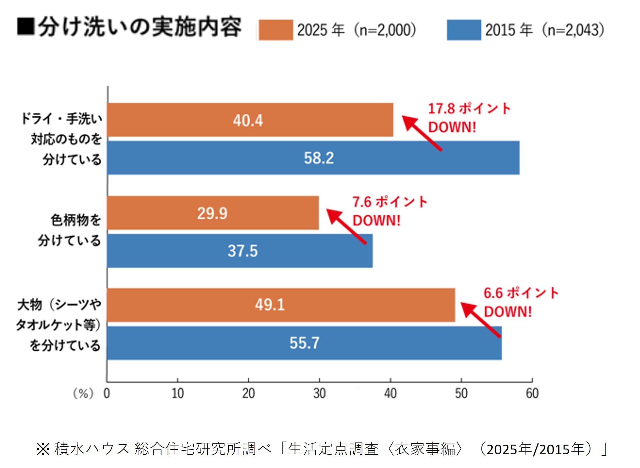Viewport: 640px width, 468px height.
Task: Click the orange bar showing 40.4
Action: [250, 120]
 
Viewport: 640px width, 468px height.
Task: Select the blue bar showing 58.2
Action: [313, 158]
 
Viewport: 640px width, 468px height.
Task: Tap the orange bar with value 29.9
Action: [213, 213]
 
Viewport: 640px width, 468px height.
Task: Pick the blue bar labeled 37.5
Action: [240, 251]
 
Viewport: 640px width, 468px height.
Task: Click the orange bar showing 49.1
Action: [281, 305]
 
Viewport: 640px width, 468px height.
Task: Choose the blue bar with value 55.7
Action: [304, 343]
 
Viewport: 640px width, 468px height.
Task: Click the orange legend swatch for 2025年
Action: [276, 30]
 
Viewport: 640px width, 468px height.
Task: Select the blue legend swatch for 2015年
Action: [464, 30]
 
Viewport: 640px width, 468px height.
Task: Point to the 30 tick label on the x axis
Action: [319, 394]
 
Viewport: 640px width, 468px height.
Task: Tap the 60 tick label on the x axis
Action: [532, 394]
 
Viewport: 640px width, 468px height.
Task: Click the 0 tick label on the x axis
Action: [107, 394]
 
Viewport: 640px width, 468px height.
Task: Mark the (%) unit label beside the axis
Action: [83, 394]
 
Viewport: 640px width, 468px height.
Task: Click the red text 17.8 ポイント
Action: [469, 109]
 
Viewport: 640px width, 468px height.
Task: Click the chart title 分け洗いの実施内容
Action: [140, 27]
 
